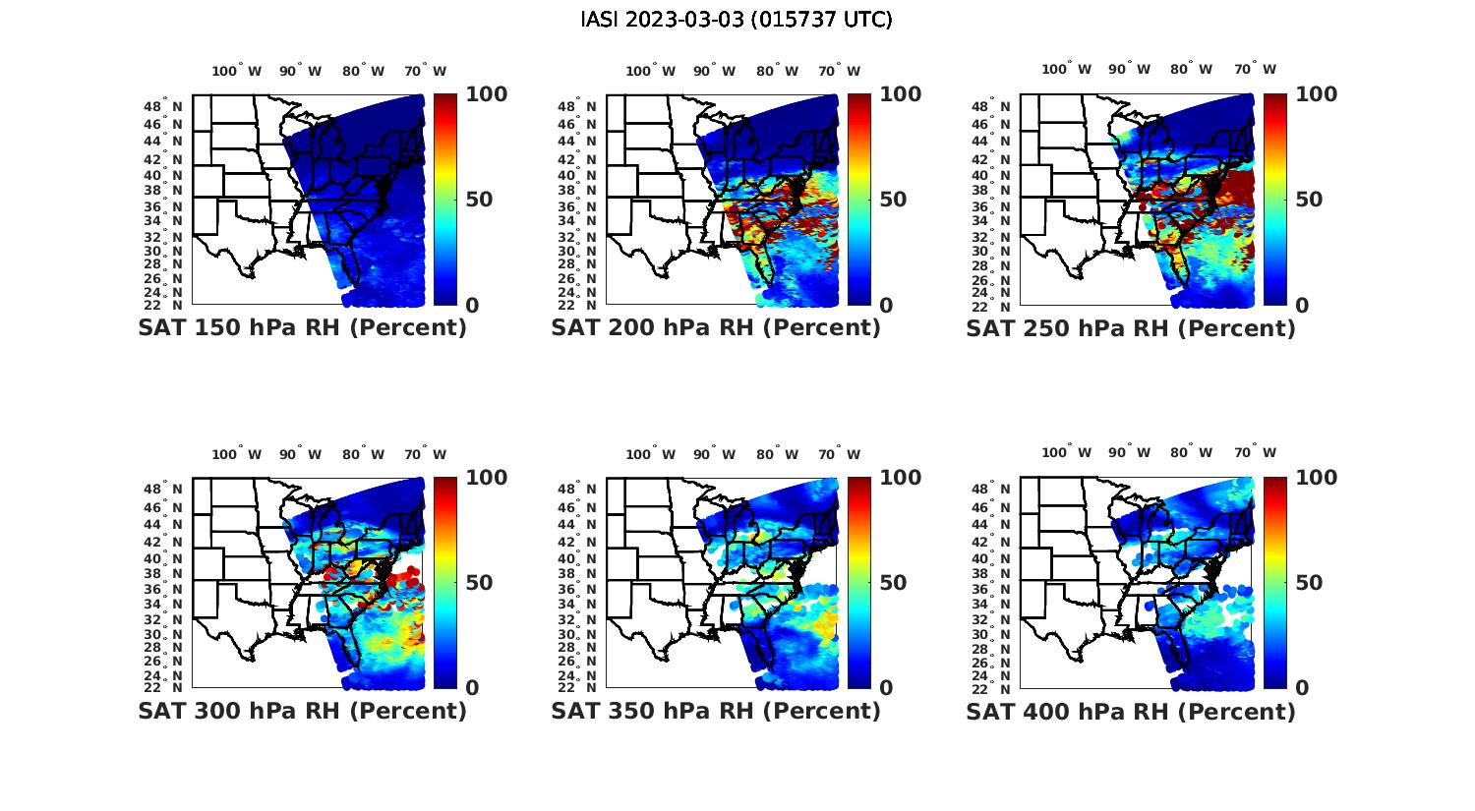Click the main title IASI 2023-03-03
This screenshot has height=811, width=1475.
(737, 20)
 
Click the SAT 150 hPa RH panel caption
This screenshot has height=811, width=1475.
(302, 328)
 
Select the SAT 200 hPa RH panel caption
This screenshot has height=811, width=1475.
(716, 328)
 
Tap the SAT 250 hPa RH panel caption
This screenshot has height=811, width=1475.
(1131, 328)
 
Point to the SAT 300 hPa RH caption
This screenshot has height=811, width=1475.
(302, 711)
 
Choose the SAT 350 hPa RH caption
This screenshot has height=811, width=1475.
(716, 711)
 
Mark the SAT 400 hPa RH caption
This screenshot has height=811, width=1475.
(1131, 711)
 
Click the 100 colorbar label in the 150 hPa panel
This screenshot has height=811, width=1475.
(486, 94)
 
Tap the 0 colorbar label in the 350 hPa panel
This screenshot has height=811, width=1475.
(886, 688)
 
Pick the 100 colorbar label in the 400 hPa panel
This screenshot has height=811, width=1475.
(1317, 478)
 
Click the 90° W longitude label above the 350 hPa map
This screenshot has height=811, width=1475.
(714, 454)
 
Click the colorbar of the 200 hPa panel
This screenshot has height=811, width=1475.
(859, 200)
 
